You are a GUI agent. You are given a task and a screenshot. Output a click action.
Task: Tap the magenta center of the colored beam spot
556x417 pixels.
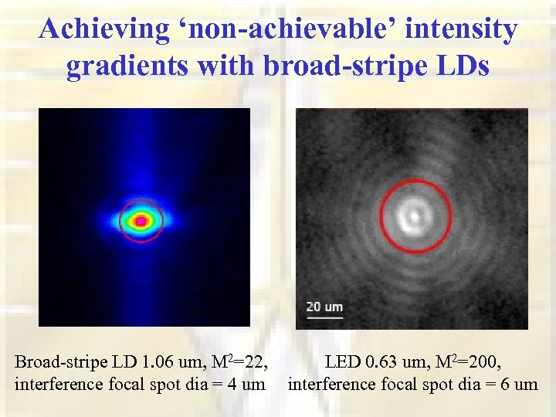(141, 221)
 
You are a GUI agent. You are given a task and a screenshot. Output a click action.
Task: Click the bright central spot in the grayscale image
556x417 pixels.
(415, 215)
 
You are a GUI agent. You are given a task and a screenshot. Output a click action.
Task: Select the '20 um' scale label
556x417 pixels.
(324, 307)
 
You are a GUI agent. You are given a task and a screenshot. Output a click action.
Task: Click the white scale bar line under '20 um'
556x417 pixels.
(324, 315)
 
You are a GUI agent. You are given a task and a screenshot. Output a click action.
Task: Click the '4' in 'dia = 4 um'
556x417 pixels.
(232, 383)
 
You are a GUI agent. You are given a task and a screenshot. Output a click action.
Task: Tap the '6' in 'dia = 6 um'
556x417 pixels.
(504, 383)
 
